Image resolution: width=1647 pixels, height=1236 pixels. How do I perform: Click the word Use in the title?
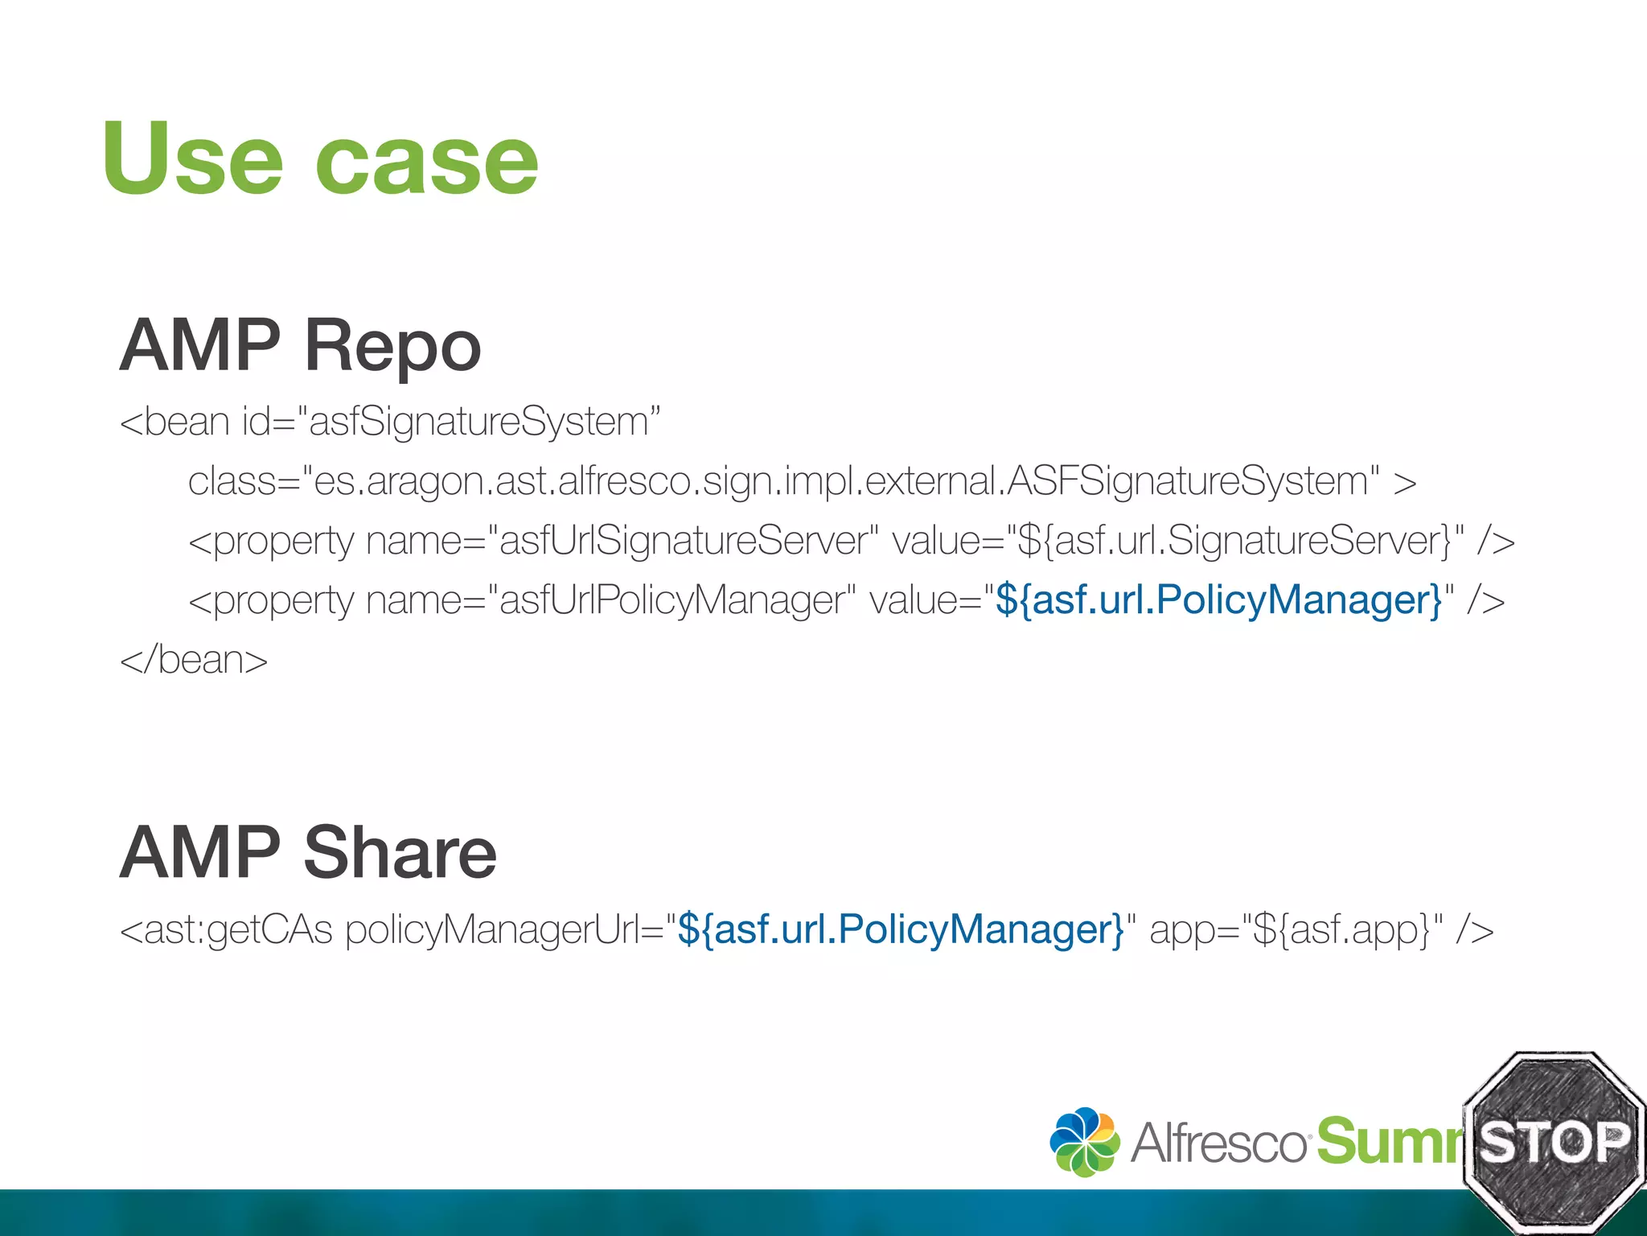192,158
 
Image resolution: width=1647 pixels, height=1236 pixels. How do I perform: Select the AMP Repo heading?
300,346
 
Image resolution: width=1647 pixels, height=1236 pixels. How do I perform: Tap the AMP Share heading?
308,853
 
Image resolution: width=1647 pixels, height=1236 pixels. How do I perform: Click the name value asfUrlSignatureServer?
683,541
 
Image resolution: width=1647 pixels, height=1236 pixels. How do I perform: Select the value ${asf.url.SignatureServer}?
1234,541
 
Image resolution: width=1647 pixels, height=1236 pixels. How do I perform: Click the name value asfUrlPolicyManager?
672,600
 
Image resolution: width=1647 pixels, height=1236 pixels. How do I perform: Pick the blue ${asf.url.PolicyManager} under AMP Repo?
1219,600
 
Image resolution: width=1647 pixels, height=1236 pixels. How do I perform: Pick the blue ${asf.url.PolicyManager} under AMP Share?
901,929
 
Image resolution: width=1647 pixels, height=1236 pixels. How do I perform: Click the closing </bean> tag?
194,660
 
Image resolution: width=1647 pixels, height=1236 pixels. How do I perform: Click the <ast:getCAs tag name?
226,929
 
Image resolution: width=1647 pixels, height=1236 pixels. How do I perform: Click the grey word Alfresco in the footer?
1218,1143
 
